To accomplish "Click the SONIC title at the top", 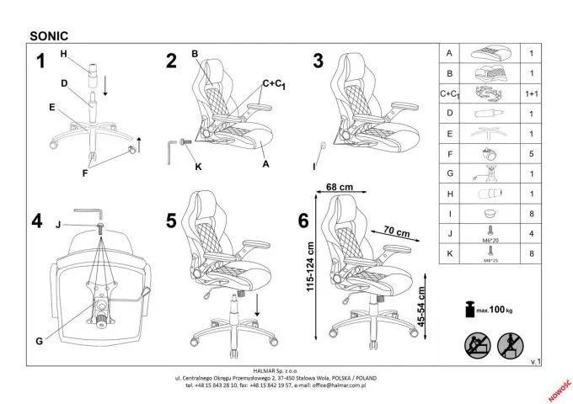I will pyautogui.click(x=49, y=36).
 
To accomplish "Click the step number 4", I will pyautogui.click(x=37, y=222).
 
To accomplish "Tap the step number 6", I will pyautogui.click(x=303, y=221).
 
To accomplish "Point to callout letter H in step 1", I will pyautogui.click(x=63, y=55).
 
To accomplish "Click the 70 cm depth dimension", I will pyautogui.click(x=395, y=231).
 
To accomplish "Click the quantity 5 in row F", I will pyautogui.click(x=532, y=154).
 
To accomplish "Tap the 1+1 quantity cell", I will pyautogui.click(x=532, y=93).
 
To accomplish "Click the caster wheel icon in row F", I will pyautogui.click(x=487, y=154).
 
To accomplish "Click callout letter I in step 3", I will pyautogui.click(x=313, y=166).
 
